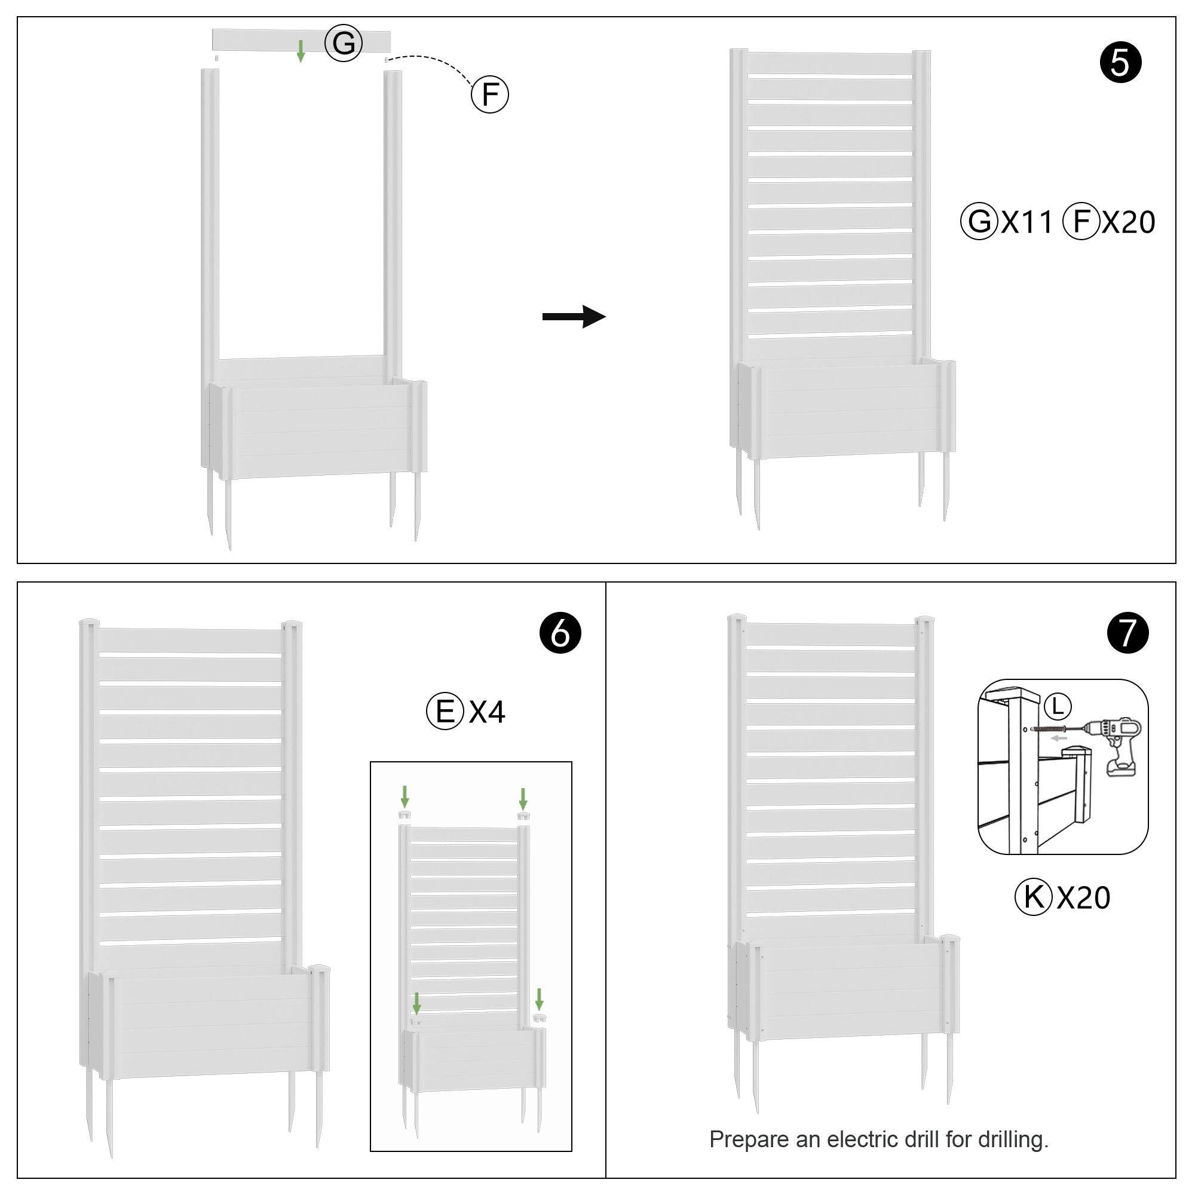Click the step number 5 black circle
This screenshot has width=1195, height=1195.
point(1120,63)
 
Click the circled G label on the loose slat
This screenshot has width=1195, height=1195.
point(344,42)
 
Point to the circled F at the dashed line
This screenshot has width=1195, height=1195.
point(490,94)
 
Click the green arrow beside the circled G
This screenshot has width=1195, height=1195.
point(301,51)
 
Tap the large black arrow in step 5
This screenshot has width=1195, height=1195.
point(574,317)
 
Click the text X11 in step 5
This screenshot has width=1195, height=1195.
point(1027,222)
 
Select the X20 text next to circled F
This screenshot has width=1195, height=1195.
point(1128,222)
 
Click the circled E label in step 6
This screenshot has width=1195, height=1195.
point(445,711)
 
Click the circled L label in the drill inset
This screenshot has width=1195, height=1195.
point(1058,706)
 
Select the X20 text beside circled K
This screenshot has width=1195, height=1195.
point(1084,897)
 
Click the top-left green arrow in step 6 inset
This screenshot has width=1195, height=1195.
point(405,796)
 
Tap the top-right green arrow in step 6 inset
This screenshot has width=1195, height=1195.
point(523,798)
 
